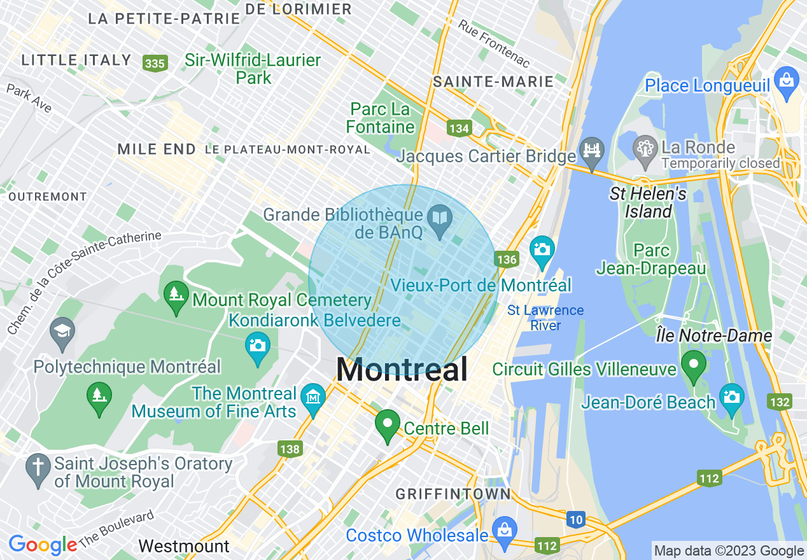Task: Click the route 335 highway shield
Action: click(x=155, y=63)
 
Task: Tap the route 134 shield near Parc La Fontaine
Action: click(x=458, y=129)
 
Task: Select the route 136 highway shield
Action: click(x=506, y=259)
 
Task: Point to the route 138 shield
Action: click(x=289, y=449)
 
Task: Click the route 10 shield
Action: click(x=575, y=520)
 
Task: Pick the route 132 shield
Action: click(x=780, y=402)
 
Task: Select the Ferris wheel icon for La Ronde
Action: click(x=645, y=150)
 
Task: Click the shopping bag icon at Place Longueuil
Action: click(x=787, y=81)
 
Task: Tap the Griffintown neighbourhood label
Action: click(x=453, y=494)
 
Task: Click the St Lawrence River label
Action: click(x=545, y=318)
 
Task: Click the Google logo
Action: click(x=43, y=545)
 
